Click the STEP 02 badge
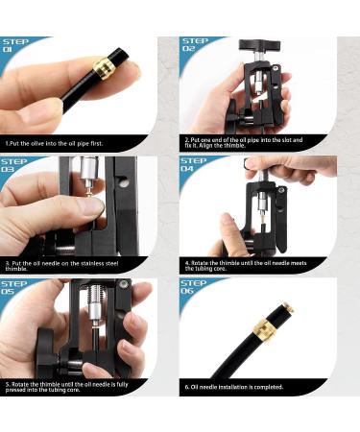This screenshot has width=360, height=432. [x=195, y=45]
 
